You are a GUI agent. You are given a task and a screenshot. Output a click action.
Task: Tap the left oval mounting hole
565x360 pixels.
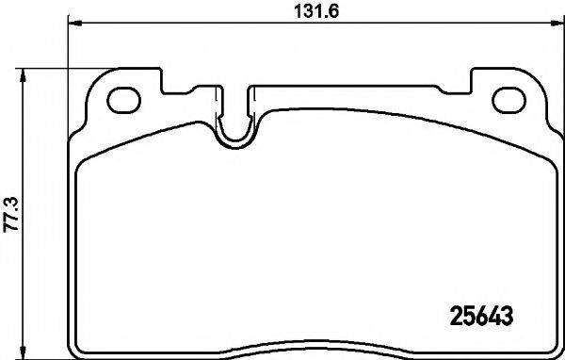pyautogui.click(x=123, y=99)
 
